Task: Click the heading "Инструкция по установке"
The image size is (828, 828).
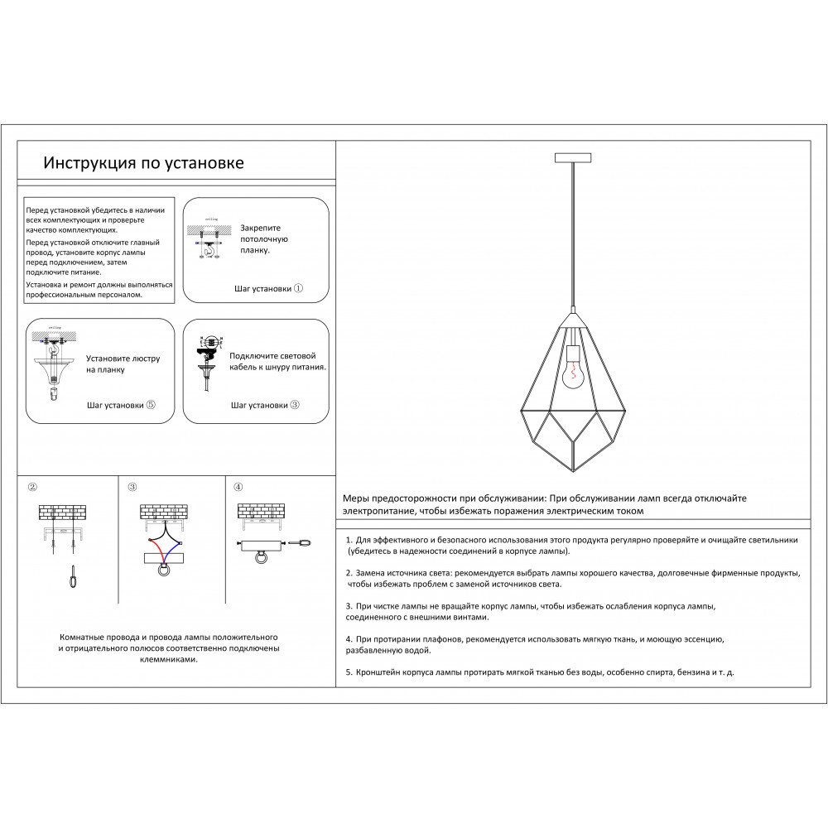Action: (x=143, y=162)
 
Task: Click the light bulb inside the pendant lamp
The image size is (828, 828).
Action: (x=572, y=373)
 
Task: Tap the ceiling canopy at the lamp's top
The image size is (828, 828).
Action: (x=573, y=157)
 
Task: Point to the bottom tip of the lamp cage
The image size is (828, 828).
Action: (x=573, y=471)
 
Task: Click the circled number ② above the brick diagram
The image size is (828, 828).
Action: (x=32, y=487)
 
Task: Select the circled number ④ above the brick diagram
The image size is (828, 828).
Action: (x=238, y=487)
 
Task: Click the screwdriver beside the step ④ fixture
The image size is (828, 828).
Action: (x=301, y=543)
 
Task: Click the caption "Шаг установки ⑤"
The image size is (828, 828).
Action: (x=121, y=406)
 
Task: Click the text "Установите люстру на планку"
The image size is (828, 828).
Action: (x=123, y=364)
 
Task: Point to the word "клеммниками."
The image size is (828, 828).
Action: (x=168, y=660)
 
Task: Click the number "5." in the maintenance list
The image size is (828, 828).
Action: (x=349, y=672)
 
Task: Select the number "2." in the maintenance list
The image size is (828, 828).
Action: (x=349, y=573)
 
